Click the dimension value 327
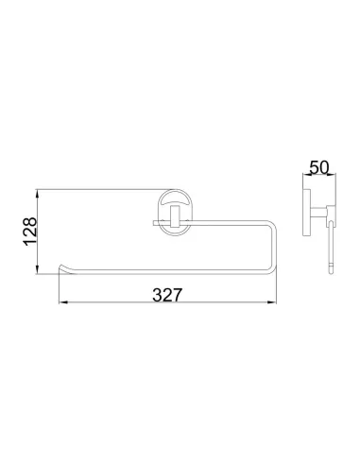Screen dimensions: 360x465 coord(167,295)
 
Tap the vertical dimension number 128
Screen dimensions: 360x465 coord(30,232)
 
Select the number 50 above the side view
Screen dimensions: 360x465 coord(318,167)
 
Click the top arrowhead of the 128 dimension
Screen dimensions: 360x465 coord(38,193)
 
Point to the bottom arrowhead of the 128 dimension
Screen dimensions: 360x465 coord(38,270)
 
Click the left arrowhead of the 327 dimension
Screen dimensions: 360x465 coord(63,302)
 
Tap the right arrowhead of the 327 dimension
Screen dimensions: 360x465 coord(272,302)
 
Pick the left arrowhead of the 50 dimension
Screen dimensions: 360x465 coord(305,174)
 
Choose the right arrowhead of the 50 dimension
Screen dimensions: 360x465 coord(333,174)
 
